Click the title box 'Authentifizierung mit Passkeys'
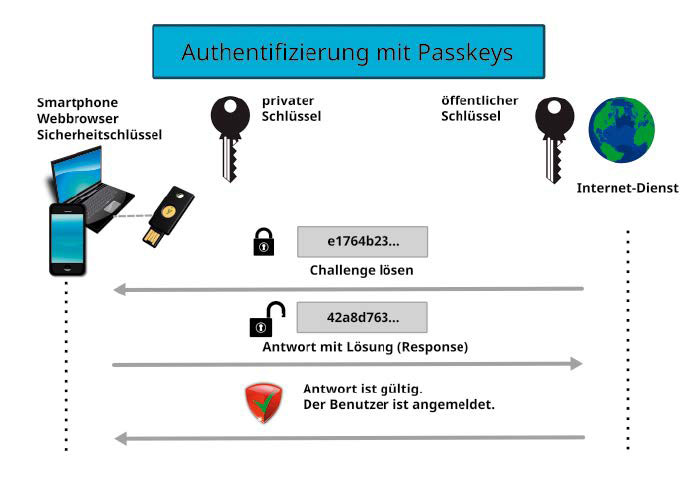click(348, 52)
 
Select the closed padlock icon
click(263, 243)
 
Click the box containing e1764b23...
click(362, 241)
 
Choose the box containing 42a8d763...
click(362, 317)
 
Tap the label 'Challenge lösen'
click(361, 270)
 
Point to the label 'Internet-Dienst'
click(628, 188)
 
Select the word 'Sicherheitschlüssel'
click(99, 134)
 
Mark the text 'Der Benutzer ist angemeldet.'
click(400, 405)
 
